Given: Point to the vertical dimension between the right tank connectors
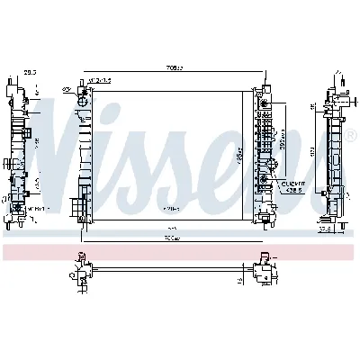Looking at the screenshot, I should pyautogui.click(x=284, y=137).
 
